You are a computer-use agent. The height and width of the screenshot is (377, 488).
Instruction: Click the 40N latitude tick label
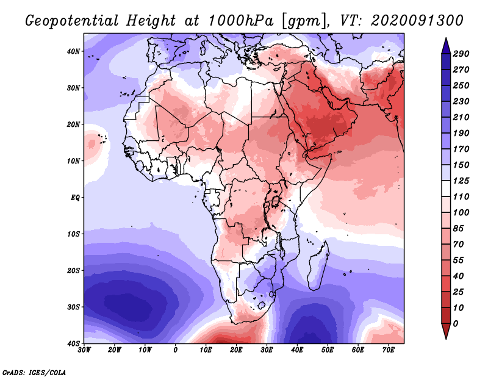[73, 51]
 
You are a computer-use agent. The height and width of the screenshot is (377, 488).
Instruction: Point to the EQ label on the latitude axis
[75, 198]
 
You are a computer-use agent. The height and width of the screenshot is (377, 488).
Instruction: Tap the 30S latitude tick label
[73, 307]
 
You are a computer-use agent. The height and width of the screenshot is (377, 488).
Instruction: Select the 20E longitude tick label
[236, 350]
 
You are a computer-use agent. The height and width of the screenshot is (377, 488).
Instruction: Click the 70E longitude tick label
[388, 350]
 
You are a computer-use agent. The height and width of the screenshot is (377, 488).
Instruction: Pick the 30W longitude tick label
[84, 350]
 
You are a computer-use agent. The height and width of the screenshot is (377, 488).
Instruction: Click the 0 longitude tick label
[176, 350]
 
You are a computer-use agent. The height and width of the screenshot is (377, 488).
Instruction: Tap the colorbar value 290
[461, 54]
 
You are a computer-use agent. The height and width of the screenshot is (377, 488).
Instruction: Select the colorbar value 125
[461, 181]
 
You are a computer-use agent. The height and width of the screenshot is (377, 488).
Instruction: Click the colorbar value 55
[458, 260]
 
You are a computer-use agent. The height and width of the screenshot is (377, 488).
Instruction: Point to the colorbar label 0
[455, 324]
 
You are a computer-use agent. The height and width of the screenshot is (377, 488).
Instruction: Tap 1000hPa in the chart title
[241, 21]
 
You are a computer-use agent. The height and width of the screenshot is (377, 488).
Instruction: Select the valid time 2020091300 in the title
[417, 21]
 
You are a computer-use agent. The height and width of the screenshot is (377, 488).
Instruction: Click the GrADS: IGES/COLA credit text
[34, 372]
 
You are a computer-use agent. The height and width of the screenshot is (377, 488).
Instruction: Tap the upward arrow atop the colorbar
[446, 46]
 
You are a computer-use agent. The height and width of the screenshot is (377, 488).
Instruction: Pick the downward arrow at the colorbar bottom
[446, 331]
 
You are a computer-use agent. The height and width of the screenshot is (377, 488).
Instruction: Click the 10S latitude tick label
[73, 234]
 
